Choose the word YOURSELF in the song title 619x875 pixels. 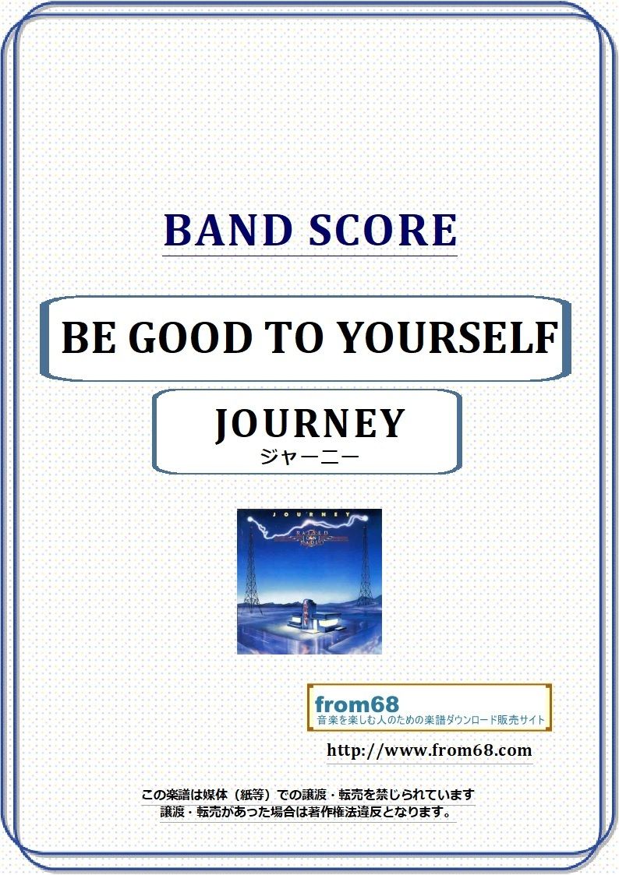pos(441,338)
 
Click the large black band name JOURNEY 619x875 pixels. pos(309,423)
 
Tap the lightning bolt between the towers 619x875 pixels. pos(312,527)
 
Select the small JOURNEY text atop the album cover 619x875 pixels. pos(309,515)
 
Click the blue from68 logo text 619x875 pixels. pos(356,704)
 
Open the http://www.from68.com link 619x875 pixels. pos(429,751)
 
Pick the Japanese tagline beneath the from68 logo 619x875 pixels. pos(430,720)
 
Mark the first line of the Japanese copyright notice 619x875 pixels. pos(307,795)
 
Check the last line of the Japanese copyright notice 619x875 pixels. pos(307,812)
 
